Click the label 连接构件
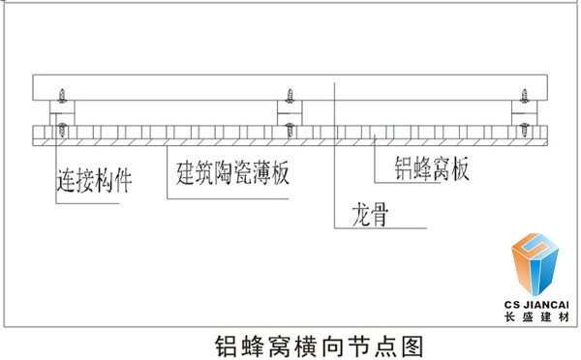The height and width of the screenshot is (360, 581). click(92, 178)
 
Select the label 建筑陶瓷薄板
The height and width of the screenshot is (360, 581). click(232, 175)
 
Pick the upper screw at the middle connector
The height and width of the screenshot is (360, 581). click(289, 95)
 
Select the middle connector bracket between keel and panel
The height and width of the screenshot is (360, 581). click(290, 112)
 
